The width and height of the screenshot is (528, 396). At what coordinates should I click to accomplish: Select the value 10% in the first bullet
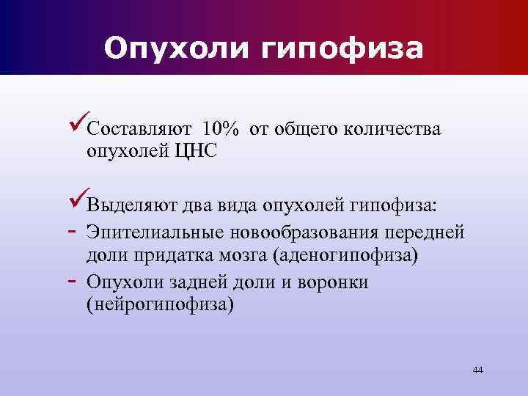click(x=221, y=131)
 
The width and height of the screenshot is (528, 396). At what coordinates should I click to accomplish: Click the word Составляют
click(x=140, y=131)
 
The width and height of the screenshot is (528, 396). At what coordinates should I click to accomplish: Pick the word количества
click(x=391, y=131)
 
